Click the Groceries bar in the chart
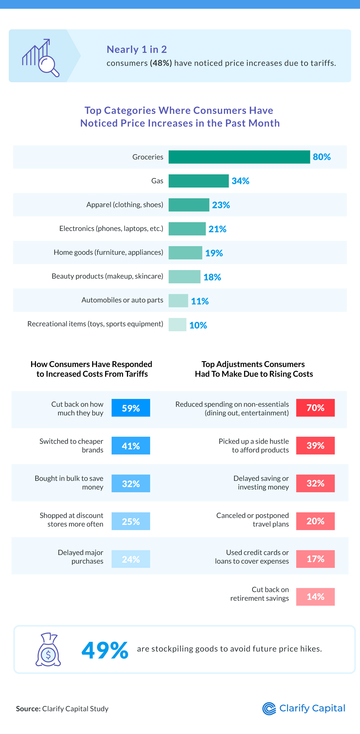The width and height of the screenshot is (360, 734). [x=239, y=157]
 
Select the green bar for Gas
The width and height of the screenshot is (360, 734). [x=198, y=181]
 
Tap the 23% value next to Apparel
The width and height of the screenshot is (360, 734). [x=221, y=205]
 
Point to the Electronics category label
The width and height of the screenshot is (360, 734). [x=111, y=228]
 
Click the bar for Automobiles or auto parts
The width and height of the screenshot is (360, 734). [x=178, y=301]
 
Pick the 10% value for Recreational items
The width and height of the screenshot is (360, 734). [x=198, y=325]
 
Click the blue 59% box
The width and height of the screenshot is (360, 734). [x=130, y=408]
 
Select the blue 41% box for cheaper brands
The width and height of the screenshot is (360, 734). [x=130, y=446]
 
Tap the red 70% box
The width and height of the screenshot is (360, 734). [x=315, y=408]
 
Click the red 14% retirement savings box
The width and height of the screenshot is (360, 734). [x=315, y=597]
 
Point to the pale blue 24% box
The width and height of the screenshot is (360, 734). [x=130, y=559]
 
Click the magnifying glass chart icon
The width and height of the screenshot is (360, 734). [x=41, y=58]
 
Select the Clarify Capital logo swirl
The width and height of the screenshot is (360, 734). [x=269, y=709]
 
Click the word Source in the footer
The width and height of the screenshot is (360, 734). [x=28, y=709]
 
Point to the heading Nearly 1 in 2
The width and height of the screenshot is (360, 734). [x=137, y=49]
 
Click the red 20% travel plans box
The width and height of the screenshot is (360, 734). [x=315, y=521]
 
